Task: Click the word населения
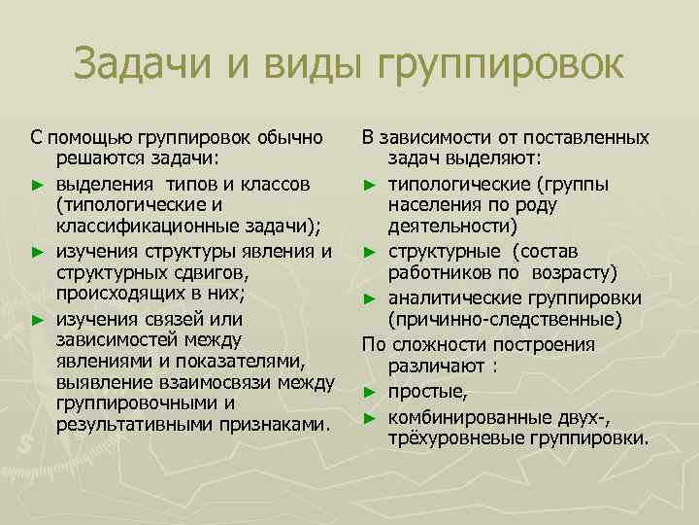click(438, 205)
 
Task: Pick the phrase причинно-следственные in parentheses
click(502, 319)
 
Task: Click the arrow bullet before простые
click(370, 393)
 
